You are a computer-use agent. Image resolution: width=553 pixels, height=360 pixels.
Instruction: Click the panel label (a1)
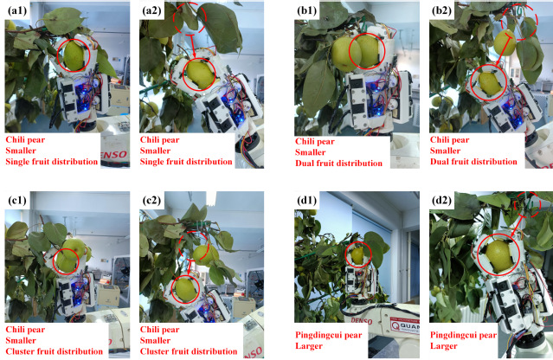click(17, 11)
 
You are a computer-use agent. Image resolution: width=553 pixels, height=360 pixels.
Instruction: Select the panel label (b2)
click(442, 11)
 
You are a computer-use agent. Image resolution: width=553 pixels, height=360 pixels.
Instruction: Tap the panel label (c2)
click(151, 201)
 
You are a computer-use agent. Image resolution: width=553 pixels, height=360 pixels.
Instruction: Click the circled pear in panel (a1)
click(74, 55)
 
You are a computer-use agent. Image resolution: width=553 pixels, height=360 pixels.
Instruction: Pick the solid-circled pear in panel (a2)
click(200, 74)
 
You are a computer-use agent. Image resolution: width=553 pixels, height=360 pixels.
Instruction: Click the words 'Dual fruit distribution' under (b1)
click(338, 164)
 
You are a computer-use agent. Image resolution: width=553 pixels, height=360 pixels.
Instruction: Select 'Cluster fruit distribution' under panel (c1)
click(55, 351)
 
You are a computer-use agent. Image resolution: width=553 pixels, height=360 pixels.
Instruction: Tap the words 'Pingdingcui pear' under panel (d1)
click(329, 335)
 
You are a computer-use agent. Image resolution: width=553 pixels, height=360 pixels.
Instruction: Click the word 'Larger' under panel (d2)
click(444, 346)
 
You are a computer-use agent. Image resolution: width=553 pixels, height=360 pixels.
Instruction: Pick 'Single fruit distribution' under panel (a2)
click(186, 162)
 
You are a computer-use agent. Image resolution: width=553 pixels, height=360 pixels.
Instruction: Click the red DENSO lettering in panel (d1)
click(362, 320)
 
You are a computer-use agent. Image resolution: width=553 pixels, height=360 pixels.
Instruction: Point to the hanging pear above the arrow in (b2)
click(505, 43)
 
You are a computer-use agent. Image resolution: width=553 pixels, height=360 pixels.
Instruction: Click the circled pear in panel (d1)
click(357, 255)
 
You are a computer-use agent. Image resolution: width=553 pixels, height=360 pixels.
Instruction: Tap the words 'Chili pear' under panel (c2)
click(160, 330)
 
